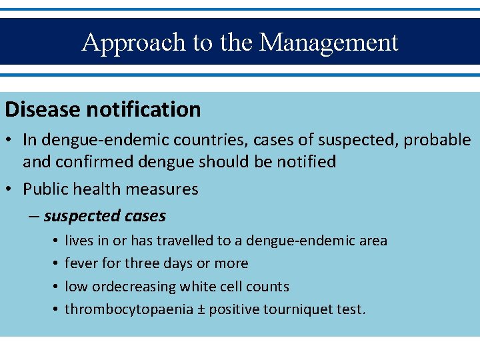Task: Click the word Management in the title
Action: (x=329, y=43)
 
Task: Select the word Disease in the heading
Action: (x=45, y=109)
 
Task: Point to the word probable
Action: (x=437, y=140)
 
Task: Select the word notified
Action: (x=303, y=162)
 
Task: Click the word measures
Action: (x=164, y=189)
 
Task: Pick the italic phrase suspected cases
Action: (x=105, y=216)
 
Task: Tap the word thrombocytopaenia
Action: (x=123, y=309)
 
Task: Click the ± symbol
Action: (x=191, y=309)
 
